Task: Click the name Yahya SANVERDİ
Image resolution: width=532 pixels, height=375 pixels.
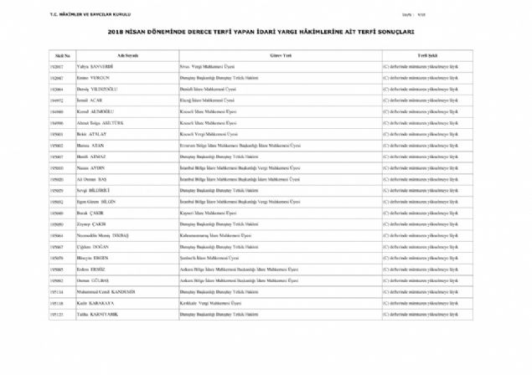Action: (x=95, y=65)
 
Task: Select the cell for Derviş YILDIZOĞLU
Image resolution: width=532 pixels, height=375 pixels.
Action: (x=98, y=88)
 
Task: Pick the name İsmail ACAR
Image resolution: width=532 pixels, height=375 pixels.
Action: (x=90, y=100)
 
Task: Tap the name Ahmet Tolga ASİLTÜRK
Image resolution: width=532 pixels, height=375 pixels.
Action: (x=101, y=122)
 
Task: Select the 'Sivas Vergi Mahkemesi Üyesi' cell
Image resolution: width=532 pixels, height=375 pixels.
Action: (x=209, y=65)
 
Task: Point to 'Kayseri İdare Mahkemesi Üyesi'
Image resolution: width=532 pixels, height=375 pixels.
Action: (x=210, y=213)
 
